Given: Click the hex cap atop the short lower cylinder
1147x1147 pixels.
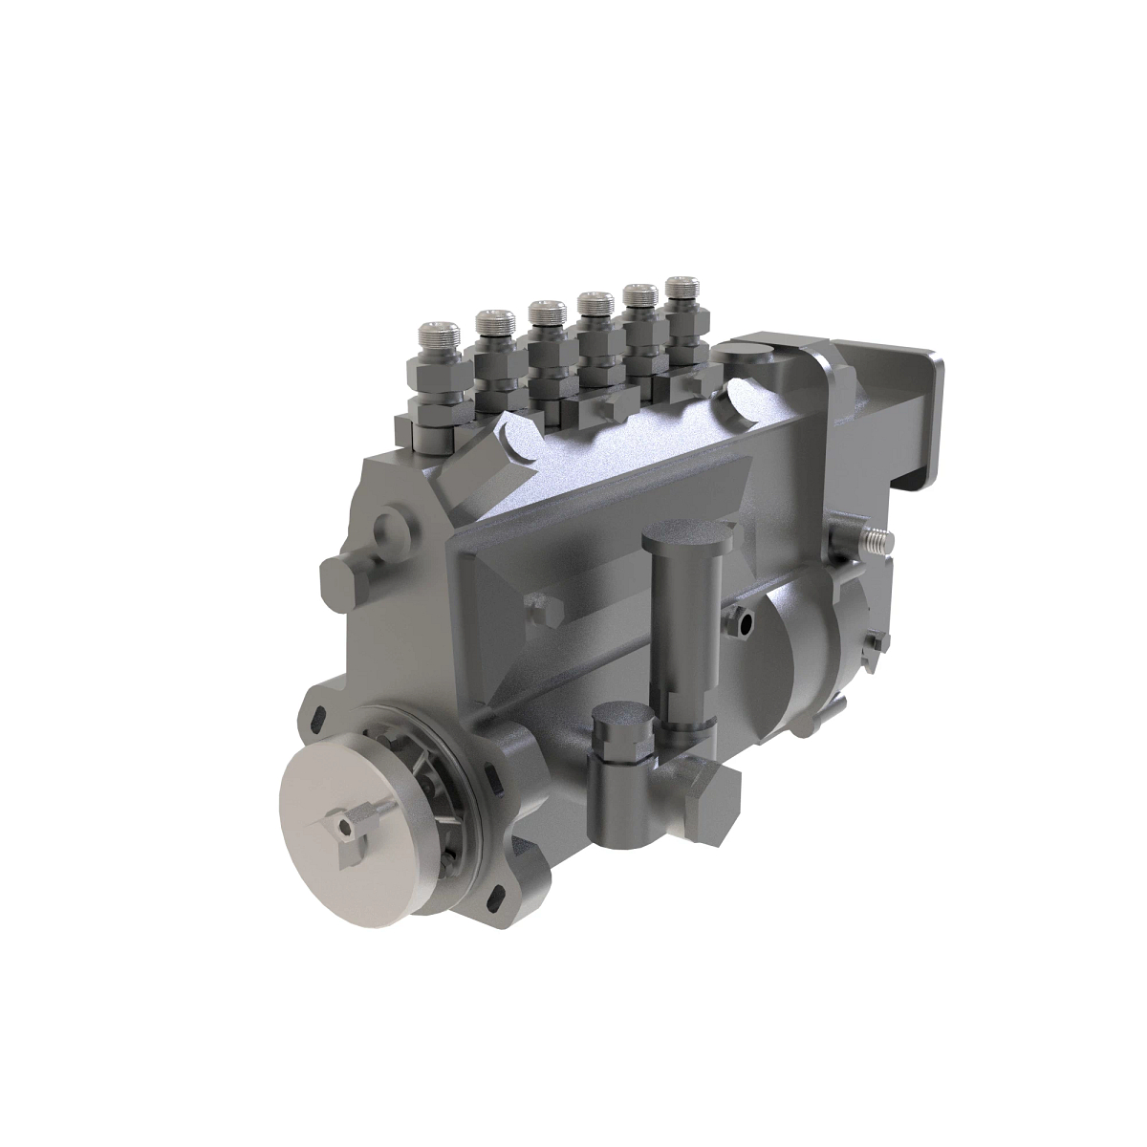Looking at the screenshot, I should click(x=622, y=732).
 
